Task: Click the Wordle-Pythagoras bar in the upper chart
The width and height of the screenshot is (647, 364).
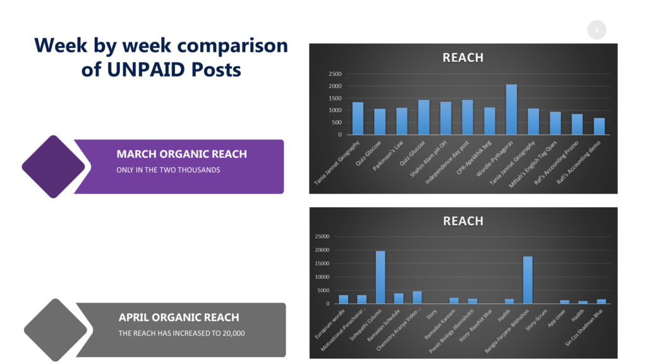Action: pyautogui.click(x=511, y=109)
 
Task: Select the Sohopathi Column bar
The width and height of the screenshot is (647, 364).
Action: pyautogui.click(x=380, y=277)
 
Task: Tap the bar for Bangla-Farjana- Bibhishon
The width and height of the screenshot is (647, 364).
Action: pyautogui.click(x=528, y=280)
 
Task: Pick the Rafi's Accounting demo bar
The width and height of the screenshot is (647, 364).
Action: pyautogui.click(x=599, y=126)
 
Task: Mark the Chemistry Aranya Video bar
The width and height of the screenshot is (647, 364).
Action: pyautogui.click(x=417, y=298)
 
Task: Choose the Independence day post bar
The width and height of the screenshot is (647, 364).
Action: pyautogui.click(x=468, y=117)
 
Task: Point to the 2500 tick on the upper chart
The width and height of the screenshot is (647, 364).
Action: pyautogui.click(x=335, y=74)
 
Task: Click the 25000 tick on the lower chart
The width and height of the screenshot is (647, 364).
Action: pyautogui.click(x=322, y=236)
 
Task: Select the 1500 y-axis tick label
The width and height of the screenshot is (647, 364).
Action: pyautogui.click(x=335, y=98)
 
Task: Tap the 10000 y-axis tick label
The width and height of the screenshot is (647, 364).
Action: pyautogui.click(x=322, y=277)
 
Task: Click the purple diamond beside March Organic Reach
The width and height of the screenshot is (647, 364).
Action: pyautogui.click(x=53, y=167)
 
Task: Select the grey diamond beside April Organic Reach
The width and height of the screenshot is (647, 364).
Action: pyautogui.click(x=56, y=330)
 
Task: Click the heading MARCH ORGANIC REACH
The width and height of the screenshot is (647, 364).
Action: pyautogui.click(x=181, y=154)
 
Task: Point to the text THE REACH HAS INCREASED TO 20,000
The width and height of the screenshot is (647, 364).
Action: pyautogui.click(x=181, y=333)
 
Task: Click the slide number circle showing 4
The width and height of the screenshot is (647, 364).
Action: pyautogui.click(x=596, y=30)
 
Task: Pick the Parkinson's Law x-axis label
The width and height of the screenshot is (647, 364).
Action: pyautogui.click(x=388, y=155)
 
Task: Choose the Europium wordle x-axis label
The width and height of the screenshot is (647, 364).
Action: pyautogui.click(x=330, y=324)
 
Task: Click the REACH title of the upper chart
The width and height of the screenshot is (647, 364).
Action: pyautogui.click(x=463, y=58)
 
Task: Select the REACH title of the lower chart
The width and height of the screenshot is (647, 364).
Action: pyautogui.click(x=463, y=221)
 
